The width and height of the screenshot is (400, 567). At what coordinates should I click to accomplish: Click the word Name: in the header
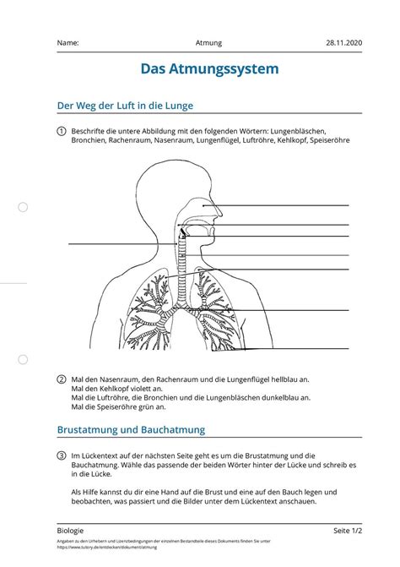68,42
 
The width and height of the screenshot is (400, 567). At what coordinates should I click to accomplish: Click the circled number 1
62,131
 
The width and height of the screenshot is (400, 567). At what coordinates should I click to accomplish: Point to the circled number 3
62,455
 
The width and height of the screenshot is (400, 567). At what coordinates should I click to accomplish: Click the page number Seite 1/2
347,530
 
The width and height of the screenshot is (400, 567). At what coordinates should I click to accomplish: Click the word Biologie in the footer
71,530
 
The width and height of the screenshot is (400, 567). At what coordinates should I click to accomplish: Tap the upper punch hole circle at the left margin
24,206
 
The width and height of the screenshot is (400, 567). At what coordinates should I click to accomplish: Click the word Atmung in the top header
208,42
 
